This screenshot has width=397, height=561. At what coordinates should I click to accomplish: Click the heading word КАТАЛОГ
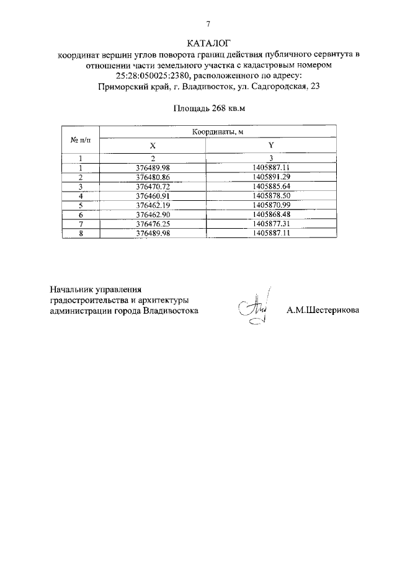click(208, 43)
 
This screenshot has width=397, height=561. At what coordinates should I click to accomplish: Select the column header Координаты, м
click(218, 133)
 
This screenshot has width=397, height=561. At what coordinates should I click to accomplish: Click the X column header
click(152, 145)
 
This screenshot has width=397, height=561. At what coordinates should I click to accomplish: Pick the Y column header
click(272, 145)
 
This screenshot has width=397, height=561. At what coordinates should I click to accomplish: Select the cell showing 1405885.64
click(272, 186)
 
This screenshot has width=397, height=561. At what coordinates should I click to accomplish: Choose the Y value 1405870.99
click(272, 205)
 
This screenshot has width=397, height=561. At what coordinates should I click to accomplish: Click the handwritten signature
click(254, 307)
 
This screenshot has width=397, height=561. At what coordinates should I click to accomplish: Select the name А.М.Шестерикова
click(322, 311)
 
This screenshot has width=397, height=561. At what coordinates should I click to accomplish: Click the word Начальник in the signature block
click(74, 289)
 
